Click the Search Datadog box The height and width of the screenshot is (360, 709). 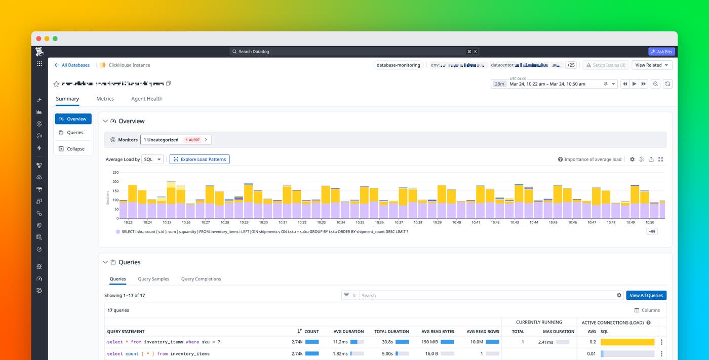point(349,52)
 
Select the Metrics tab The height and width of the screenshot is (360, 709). point(105,99)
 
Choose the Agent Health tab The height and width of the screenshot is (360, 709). point(146,99)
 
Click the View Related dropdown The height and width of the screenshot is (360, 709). point(651,65)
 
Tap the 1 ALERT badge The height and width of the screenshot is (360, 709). point(192,140)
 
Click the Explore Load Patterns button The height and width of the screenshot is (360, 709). point(200,159)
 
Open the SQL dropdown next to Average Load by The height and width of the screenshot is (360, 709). point(152,159)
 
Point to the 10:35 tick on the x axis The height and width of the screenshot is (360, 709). point(360,222)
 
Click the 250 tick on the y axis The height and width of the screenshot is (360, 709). point(115,172)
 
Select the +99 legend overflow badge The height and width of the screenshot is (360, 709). point(652,231)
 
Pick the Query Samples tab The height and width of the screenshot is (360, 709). point(153,279)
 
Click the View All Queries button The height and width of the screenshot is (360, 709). point(646,295)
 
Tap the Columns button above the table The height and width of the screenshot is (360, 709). point(647,310)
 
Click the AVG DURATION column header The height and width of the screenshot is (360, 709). point(345,332)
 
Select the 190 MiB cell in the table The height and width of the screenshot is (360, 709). point(429,342)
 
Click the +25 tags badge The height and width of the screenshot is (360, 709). point(571,65)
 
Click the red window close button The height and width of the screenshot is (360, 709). point(39,38)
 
